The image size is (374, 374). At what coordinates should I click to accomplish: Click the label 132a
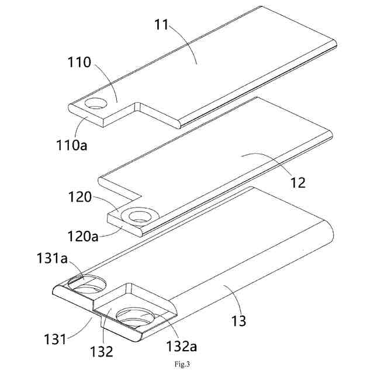[182, 347]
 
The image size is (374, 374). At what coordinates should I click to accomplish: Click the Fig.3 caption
[186, 363]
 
